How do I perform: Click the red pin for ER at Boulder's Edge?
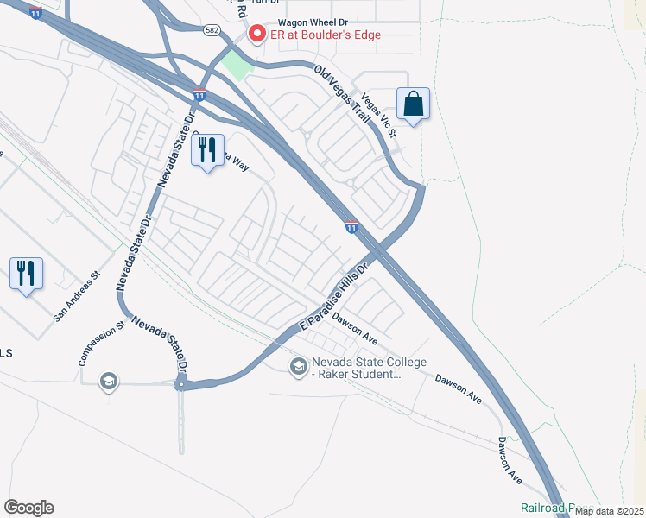click(256, 35)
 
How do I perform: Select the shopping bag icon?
click(415, 104)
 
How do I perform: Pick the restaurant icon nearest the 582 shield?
click(207, 151)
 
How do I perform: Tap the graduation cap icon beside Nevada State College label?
click(298, 368)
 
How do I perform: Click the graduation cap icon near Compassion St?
click(108, 381)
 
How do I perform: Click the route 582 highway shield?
click(212, 29)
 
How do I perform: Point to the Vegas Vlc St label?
click(378, 116)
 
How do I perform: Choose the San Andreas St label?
click(77, 298)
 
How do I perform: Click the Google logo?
click(28, 508)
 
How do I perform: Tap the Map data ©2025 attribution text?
click(608, 511)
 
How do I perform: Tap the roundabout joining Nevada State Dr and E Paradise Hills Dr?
click(181, 385)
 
